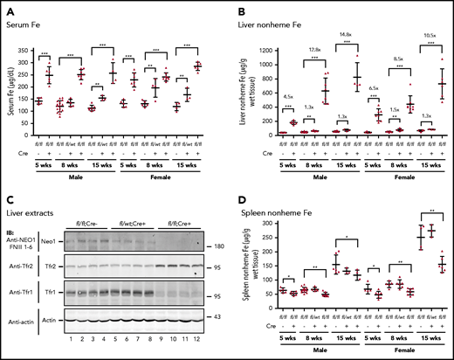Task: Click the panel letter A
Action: point(7,7)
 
